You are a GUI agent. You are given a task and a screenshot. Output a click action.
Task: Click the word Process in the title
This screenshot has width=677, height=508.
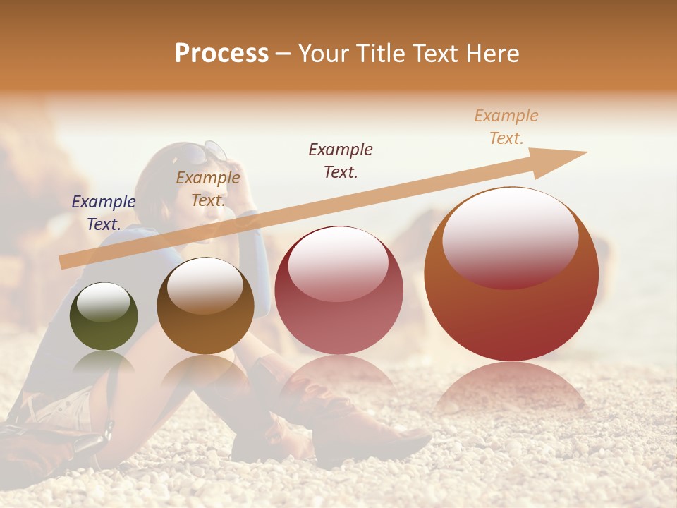pyautogui.click(x=221, y=54)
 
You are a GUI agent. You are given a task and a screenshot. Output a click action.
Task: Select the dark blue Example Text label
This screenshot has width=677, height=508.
pyautogui.click(x=104, y=212)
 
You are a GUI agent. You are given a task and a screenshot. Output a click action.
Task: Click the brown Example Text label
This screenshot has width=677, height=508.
pyautogui.click(x=208, y=189)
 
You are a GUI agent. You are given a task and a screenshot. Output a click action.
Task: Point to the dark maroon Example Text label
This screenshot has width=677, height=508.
pyautogui.click(x=341, y=160)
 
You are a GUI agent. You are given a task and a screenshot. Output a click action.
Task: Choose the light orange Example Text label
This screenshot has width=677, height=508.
pyautogui.click(x=506, y=127)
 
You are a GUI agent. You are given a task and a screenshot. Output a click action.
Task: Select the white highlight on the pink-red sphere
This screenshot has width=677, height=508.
pyautogui.click(x=338, y=262)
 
